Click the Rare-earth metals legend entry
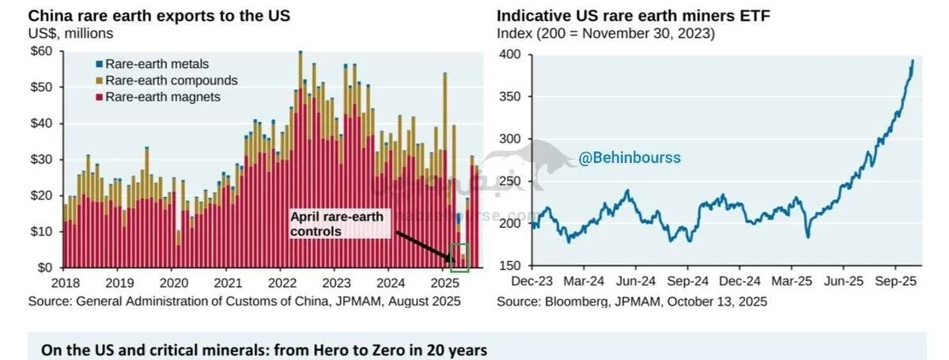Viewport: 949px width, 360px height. [150, 64]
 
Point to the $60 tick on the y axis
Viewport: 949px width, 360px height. [40, 51]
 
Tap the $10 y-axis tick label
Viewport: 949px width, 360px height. [40, 231]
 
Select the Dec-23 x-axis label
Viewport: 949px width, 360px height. [531, 281]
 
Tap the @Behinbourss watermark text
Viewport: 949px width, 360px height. [630, 157]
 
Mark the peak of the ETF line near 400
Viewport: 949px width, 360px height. [913, 61]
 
